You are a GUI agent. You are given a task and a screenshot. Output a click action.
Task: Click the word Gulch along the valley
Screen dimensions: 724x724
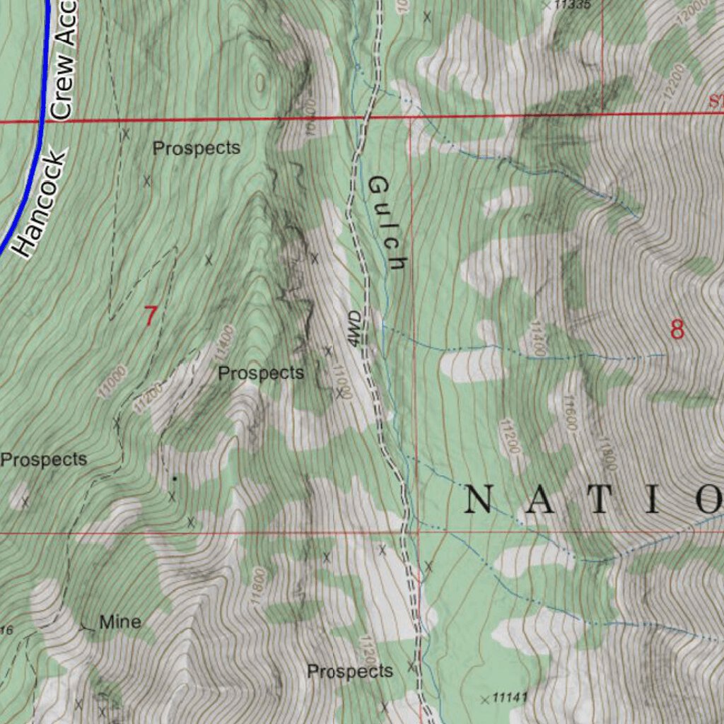(387, 223)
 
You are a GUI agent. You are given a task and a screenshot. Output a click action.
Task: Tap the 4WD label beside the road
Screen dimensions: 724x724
(355, 329)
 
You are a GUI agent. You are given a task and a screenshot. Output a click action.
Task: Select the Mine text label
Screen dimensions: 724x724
(120, 622)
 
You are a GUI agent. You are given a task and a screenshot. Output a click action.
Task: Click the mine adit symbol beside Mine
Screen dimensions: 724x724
(87, 626)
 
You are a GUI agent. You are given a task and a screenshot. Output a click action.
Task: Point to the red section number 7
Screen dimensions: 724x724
(150, 315)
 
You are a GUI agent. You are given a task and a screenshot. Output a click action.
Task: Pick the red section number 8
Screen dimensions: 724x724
(677, 329)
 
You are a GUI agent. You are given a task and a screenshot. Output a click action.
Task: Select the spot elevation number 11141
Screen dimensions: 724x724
(510, 698)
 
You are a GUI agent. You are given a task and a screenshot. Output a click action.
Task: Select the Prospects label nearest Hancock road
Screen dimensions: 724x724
(197, 148)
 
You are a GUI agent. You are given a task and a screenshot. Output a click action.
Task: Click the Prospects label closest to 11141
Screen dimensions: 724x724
(350, 671)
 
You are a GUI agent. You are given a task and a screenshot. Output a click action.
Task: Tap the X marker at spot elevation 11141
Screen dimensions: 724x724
(484, 700)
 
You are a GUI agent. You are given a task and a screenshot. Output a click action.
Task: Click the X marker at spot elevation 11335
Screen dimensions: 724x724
(547, 4)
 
